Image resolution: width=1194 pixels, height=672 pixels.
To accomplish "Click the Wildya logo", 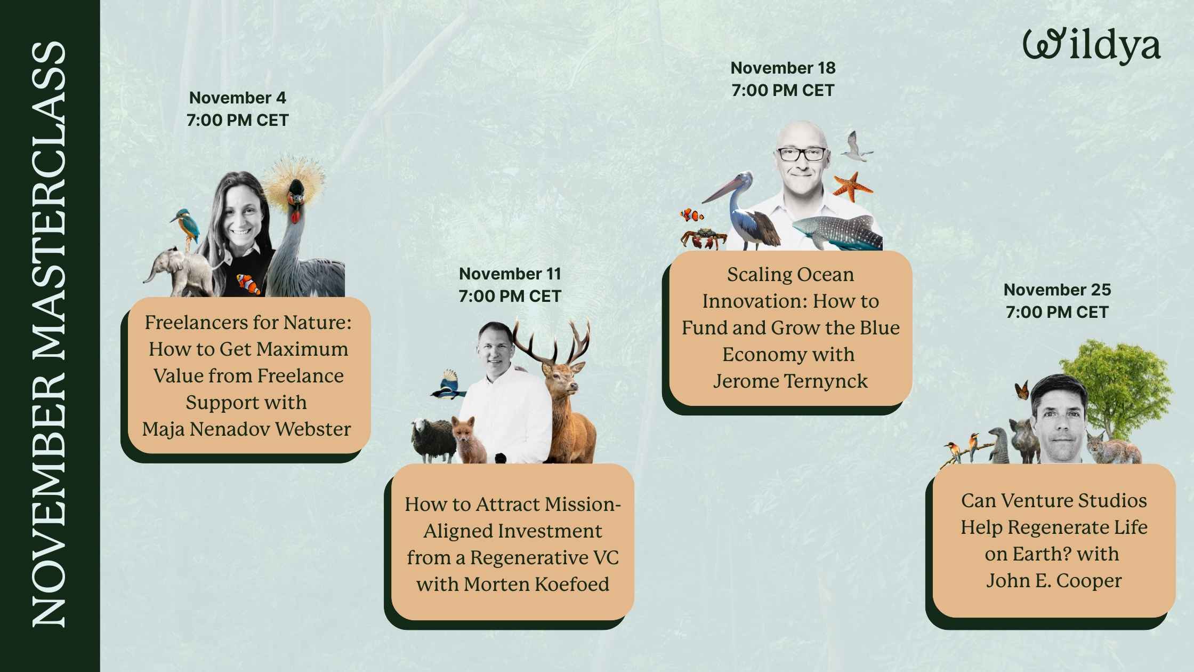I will click(x=1091, y=47).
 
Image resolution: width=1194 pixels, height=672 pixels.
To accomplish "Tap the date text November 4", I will click(x=237, y=98).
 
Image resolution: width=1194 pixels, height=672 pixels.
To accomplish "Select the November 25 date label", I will click(x=1057, y=290).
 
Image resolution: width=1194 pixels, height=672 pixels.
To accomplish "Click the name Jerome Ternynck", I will click(x=790, y=381).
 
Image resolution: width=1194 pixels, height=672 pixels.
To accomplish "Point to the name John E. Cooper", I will click(x=1053, y=580).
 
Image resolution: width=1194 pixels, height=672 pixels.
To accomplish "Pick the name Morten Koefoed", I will click(x=536, y=584).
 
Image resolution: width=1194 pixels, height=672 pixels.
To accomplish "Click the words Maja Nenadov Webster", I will click(x=246, y=429).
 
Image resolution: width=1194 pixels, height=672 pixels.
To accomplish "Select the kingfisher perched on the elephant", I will click(x=185, y=223).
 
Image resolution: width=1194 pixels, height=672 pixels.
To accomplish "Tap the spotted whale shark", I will click(x=837, y=232).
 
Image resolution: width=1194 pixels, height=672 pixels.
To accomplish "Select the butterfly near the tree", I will click(x=1021, y=390).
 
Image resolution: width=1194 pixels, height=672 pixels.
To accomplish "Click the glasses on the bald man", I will click(x=801, y=155).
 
